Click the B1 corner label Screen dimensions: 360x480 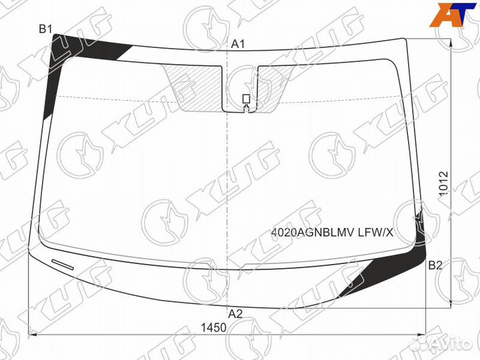pos(45,28)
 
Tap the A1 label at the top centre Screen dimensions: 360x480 pos(239,44)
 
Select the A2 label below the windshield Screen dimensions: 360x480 pos(235,313)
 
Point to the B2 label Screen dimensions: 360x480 pos(435,265)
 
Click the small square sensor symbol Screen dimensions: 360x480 pos(246,99)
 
